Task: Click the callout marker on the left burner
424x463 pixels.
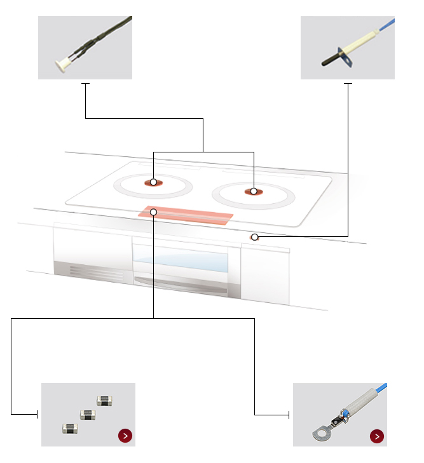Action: [153, 182]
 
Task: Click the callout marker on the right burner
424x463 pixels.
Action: [253, 191]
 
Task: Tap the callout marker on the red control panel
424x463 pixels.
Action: [153, 211]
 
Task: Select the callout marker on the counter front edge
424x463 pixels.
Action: [254, 237]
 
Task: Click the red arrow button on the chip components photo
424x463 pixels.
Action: [125, 436]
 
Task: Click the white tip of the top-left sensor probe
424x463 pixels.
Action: [62, 64]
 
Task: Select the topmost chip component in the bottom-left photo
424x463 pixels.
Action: [104, 400]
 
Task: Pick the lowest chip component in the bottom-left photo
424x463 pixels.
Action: [69, 429]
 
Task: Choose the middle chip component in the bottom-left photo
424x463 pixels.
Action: [88, 415]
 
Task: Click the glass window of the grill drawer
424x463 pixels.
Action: [181, 260]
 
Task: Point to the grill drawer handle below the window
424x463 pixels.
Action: [181, 283]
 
